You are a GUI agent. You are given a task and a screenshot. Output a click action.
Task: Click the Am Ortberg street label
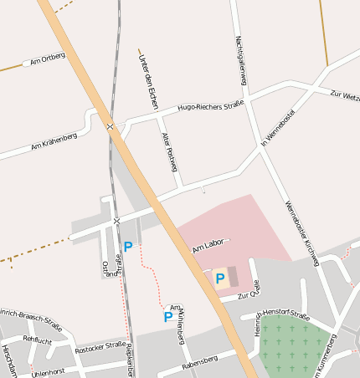point(47,59)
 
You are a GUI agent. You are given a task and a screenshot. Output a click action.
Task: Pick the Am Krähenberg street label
point(54,140)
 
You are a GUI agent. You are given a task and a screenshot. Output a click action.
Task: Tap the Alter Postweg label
point(170,147)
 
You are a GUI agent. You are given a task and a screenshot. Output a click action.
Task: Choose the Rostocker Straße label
point(100,345)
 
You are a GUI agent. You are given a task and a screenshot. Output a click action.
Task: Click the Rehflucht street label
point(37,340)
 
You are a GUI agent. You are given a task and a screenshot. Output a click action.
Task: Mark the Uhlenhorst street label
point(48,370)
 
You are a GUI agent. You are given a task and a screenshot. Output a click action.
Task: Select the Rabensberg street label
point(199,361)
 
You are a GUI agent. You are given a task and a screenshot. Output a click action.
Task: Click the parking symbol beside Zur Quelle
point(220,278)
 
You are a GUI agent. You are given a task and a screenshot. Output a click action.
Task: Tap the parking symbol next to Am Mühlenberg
point(167,317)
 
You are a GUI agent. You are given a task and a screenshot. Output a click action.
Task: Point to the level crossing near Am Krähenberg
point(111,126)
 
